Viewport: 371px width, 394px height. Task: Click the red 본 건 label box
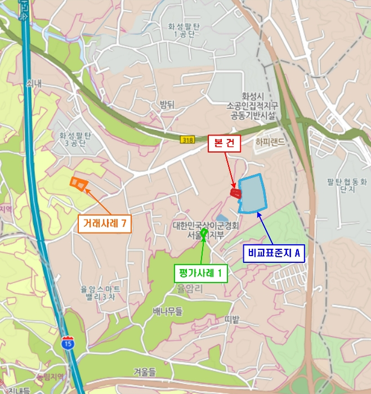coord(225,144)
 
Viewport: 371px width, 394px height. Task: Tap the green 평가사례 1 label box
coord(201,274)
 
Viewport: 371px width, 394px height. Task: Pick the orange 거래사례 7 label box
coord(105,224)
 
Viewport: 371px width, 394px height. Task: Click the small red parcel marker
coord(236,193)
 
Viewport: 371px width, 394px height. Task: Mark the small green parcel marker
coord(204,232)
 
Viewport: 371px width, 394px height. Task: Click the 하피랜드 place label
coord(270,143)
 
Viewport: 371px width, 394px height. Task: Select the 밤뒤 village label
coord(167,104)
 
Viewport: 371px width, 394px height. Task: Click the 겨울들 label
coord(144,371)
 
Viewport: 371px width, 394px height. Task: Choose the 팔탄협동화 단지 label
coord(346,185)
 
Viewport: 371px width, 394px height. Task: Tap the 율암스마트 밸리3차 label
coord(100,293)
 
